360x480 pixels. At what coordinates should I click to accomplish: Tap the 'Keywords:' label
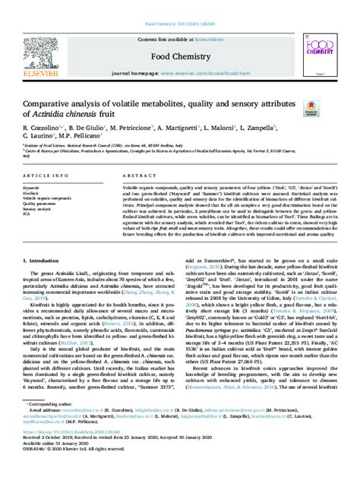tap(33, 186)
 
